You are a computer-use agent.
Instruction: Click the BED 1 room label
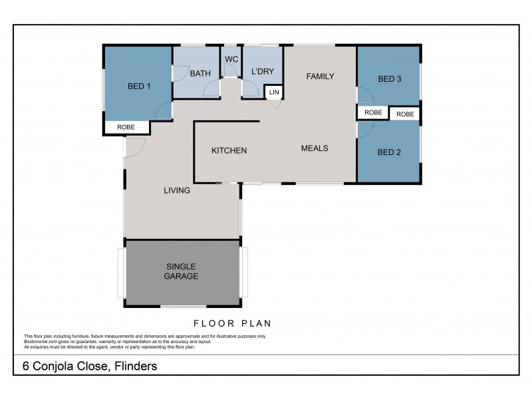coord(139,86)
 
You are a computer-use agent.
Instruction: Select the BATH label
coord(200,74)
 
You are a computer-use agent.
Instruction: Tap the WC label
coord(231,59)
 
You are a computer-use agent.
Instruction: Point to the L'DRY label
coord(263,72)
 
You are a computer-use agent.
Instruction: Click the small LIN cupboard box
coord(274,92)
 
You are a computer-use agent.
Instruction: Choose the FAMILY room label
coord(320,76)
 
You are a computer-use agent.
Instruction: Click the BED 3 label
coord(389,79)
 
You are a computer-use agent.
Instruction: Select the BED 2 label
coord(389,152)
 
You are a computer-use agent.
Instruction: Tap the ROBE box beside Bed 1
coord(126,127)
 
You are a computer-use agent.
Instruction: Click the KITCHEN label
coord(229,151)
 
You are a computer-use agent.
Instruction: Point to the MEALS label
coord(315,148)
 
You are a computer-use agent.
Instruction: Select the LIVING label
coord(178,190)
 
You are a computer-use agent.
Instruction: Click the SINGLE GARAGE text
coord(182,271)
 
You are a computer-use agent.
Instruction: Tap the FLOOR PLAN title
coord(232,324)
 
